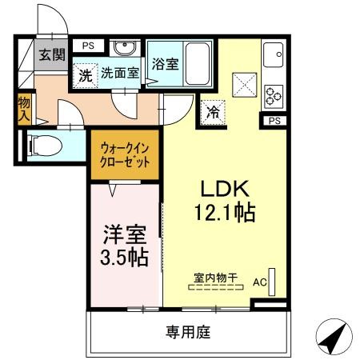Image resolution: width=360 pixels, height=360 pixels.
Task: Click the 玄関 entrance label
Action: (x=52, y=54)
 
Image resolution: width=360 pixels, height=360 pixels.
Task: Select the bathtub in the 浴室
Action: (x=197, y=64)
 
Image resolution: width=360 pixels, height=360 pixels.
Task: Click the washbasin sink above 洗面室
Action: (x=125, y=48)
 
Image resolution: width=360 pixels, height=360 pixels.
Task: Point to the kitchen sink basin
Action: (x=273, y=55)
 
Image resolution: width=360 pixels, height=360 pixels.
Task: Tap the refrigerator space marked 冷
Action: (x=213, y=113)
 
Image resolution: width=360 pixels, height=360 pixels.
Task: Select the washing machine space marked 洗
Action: (x=86, y=76)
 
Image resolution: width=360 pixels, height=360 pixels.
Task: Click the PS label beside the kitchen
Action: (x=274, y=121)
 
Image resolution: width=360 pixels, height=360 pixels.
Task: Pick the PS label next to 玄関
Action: (x=88, y=46)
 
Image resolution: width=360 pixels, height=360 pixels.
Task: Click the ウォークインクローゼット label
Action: (x=125, y=155)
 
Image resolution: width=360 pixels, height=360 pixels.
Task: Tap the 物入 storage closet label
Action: (x=24, y=109)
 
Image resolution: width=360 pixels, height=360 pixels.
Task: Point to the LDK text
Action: (x=225, y=189)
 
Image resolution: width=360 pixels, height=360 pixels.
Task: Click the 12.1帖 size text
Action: (x=226, y=213)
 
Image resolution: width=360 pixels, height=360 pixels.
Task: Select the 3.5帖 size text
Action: (x=124, y=257)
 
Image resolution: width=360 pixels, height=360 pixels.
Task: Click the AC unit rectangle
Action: (x=272, y=282)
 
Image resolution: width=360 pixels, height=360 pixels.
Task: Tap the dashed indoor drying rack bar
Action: (x=216, y=287)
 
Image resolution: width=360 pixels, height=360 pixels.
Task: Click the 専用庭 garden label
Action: (x=188, y=332)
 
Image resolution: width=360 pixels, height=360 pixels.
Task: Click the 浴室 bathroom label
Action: (x=166, y=64)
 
